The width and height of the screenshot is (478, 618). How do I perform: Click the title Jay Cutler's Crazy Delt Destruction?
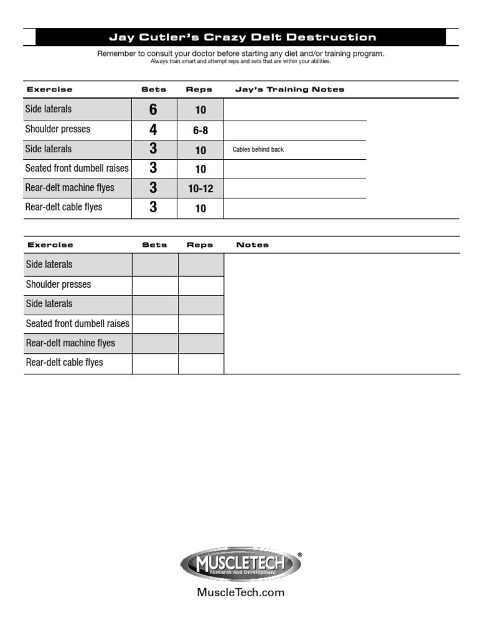pyautogui.click(x=243, y=37)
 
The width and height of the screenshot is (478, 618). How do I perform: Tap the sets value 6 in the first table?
pyautogui.click(x=153, y=110)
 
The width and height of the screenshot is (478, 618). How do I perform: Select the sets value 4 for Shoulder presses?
pyautogui.click(x=153, y=130)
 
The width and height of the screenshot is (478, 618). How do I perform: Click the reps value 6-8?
pyautogui.click(x=200, y=131)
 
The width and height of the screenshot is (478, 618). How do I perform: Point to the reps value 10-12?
pyautogui.click(x=200, y=188)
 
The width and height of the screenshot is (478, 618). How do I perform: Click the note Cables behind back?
pyautogui.click(x=258, y=150)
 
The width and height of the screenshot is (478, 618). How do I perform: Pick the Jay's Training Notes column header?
pyautogui.click(x=289, y=90)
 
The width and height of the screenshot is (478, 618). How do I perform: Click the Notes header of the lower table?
pyautogui.click(x=253, y=245)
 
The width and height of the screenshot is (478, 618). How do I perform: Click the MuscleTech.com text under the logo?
pyautogui.click(x=241, y=593)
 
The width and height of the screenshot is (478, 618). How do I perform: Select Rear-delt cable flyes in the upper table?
pyautogui.click(x=64, y=207)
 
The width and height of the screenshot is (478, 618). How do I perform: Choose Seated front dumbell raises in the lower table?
pyautogui.click(x=77, y=323)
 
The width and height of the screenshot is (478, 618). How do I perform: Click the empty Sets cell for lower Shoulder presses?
pyautogui.click(x=155, y=285)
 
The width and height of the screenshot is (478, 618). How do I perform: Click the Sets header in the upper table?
pyautogui.click(x=154, y=90)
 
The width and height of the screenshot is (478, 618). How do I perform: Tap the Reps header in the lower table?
pyautogui.click(x=200, y=245)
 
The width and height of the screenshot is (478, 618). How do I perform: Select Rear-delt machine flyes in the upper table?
pyautogui.click(x=70, y=187)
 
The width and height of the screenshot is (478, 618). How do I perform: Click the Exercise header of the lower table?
pyautogui.click(x=50, y=245)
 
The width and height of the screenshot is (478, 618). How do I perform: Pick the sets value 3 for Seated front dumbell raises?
pyautogui.click(x=153, y=168)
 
